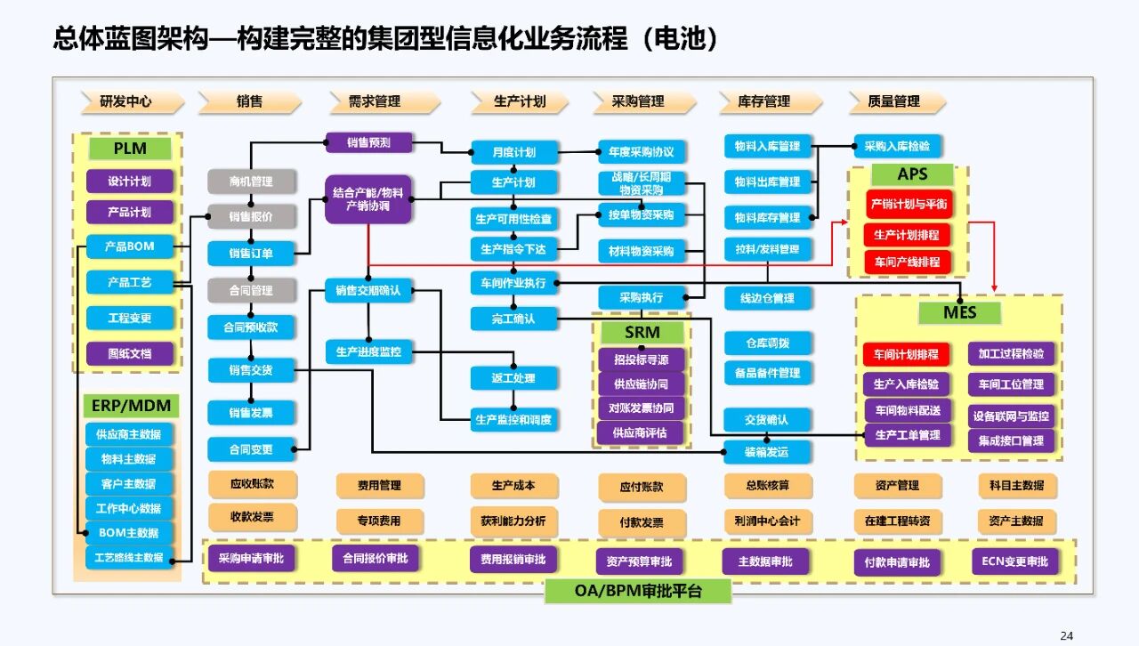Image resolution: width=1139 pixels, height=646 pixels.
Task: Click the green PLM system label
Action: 130,148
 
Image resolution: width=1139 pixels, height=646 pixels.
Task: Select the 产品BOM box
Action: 129,246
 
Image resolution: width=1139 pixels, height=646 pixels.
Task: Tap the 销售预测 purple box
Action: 368,141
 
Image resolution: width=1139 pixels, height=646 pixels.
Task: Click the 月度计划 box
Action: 514,152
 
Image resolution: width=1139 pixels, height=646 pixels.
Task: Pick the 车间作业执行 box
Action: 513,283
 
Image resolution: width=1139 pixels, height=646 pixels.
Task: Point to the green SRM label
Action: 642,333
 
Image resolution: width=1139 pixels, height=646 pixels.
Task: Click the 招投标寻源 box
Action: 642,359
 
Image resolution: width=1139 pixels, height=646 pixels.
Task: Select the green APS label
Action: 913,174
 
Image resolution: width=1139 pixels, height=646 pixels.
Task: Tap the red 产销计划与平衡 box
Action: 908,204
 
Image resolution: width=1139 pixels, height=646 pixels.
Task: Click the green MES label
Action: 959,312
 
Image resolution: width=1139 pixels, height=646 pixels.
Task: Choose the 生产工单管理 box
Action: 908,435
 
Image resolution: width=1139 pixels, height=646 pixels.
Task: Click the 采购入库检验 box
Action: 897,146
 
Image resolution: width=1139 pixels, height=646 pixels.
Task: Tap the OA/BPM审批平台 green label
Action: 637,591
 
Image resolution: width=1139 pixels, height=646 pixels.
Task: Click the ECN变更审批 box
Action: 1015,561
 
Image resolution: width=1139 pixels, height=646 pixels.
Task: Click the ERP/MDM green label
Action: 130,407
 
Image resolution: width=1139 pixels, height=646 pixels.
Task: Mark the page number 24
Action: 1067,635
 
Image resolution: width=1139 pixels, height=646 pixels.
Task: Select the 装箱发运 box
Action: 767,451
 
